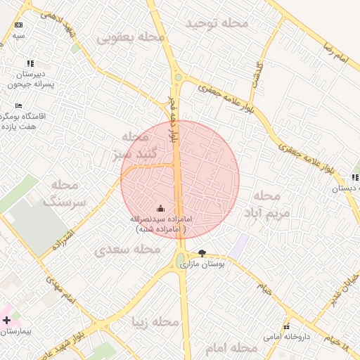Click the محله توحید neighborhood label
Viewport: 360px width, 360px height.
coord(217,23)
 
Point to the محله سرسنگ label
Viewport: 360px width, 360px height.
coord(65,193)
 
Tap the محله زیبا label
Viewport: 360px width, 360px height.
coord(156,323)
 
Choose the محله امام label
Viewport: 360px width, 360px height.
coord(231,347)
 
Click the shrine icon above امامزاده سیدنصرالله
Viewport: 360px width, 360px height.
coord(160,208)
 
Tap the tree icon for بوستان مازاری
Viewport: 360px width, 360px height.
coord(202,253)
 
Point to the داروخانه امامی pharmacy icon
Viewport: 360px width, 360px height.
coord(286,326)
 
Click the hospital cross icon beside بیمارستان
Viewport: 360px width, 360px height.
coord(7,320)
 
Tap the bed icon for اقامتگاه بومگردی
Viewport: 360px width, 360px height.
coord(18,105)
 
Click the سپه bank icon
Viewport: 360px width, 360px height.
coord(18,25)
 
